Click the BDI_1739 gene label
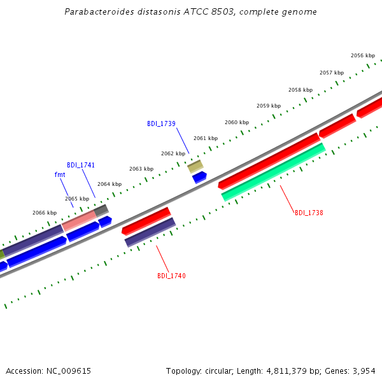click(161, 124)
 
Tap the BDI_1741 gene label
click(81, 165)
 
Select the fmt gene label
click(60, 174)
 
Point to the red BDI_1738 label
click(309, 213)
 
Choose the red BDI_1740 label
click(171, 276)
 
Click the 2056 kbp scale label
click(363, 55)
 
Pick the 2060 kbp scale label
click(237, 122)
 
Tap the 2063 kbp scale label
click(141, 169)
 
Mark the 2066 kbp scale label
click(45, 213)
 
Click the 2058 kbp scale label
click(301, 90)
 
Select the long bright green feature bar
click(274, 173)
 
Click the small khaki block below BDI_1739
click(195, 167)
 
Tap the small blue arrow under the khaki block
click(199, 177)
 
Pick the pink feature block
click(79, 221)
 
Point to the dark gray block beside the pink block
click(101, 211)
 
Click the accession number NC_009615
click(69, 371)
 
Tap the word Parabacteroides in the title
click(99, 11)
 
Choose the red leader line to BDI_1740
click(162, 258)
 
